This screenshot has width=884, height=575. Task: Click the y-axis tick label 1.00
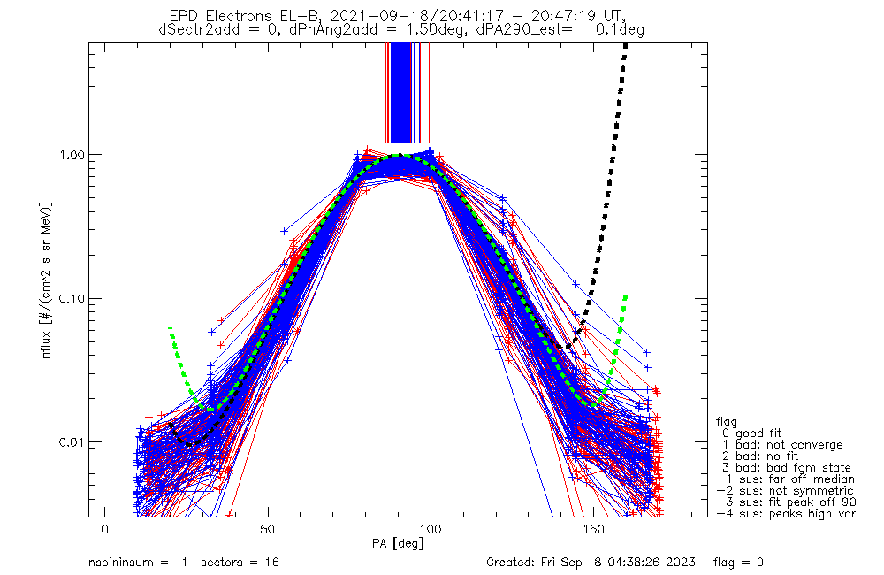point(72,154)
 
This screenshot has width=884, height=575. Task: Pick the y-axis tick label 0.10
point(72,298)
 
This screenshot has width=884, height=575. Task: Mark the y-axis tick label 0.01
point(72,441)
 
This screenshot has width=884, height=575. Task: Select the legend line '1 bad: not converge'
point(781,445)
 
